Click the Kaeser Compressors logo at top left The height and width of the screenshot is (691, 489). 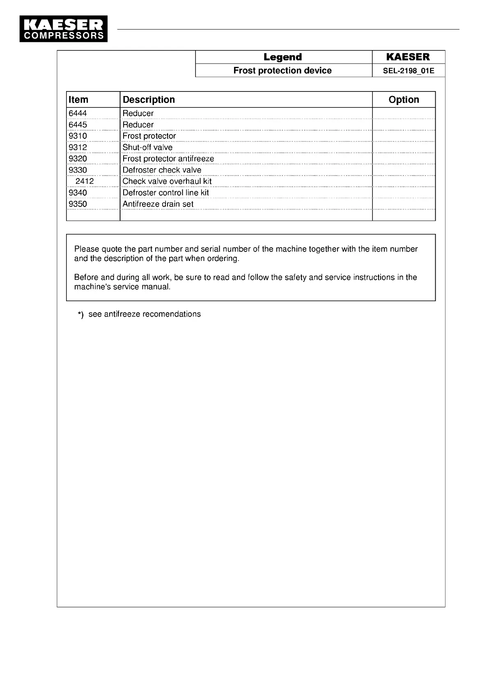64,29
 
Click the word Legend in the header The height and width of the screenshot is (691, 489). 282,57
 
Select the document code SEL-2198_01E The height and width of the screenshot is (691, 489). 408,71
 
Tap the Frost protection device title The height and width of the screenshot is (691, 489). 282,71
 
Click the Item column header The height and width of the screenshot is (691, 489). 78,100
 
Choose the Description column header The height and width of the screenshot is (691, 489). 149,100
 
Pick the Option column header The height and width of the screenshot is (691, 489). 404,100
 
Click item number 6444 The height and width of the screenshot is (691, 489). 78,113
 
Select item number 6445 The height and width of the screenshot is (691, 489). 78,125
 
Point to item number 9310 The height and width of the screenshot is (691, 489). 78,136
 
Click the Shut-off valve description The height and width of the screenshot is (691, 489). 147,147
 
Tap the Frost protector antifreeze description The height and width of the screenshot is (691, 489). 168,159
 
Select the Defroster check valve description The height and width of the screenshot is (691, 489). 162,170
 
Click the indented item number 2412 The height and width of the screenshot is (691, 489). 85,181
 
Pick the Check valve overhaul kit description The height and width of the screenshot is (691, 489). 167,181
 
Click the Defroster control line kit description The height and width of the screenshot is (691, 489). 165,192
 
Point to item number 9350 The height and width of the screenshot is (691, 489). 78,204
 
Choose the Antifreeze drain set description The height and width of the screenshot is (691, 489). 158,204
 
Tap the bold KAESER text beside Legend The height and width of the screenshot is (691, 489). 408,57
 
